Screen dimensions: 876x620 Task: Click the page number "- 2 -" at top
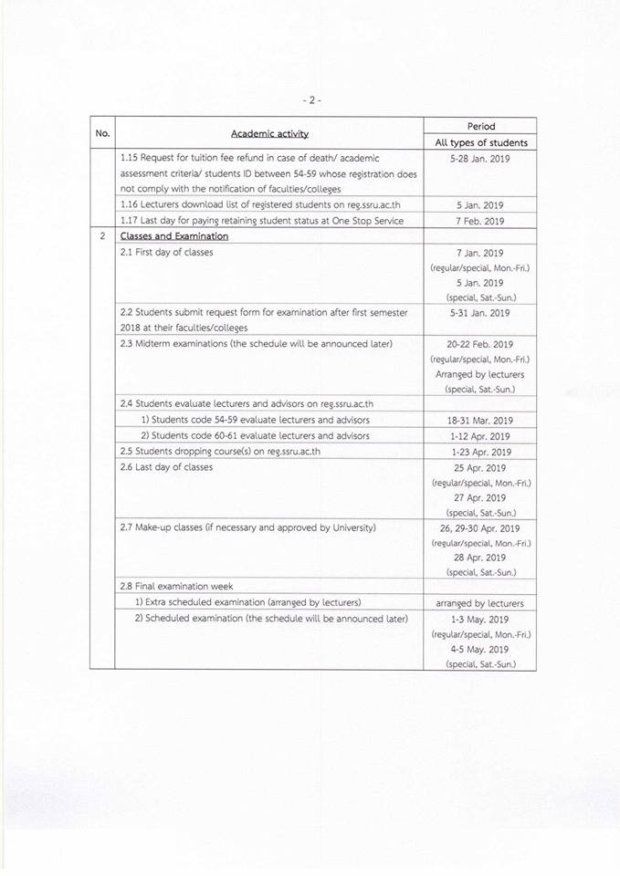310,99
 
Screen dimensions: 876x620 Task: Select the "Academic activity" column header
269,134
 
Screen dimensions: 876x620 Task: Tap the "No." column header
102,134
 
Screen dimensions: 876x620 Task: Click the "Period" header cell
480,126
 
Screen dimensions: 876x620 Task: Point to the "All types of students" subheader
480,142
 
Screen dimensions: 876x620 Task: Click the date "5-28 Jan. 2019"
480,158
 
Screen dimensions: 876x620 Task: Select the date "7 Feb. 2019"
480,221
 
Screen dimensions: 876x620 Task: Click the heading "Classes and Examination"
174,236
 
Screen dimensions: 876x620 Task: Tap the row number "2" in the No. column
102,236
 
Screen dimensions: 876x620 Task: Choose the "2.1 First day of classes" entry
166,252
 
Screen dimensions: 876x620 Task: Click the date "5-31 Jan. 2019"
480,313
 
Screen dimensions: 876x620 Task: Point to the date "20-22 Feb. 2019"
480,344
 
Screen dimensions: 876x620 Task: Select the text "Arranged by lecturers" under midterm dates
480,374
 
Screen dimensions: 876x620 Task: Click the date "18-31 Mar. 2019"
480,421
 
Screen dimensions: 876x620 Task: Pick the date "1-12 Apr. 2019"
480,436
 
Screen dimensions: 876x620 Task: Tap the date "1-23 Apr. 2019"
480,452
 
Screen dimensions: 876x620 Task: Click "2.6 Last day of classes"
166,467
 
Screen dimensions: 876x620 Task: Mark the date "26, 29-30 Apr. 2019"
480,528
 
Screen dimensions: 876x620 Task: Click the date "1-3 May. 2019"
480,620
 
